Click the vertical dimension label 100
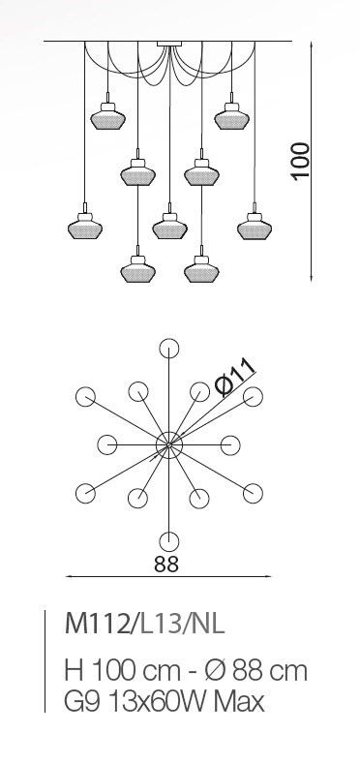[x=301, y=162]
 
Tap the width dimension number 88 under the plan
[x=166, y=564]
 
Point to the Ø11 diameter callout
[x=236, y=377]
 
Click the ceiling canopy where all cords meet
[x=169, y=44]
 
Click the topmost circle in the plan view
[x=169, y=349]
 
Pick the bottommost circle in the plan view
[x=169, y=541]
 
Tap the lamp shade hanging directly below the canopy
[x=169, y=227]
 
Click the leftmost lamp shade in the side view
[x=85, y=227]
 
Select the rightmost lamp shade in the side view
[x=255, y=227]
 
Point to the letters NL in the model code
[x=209, y=624]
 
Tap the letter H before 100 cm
[x=73, y=671]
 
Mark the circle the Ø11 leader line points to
[x=253, y=397]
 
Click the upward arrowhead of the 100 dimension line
[x=312, y=46]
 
